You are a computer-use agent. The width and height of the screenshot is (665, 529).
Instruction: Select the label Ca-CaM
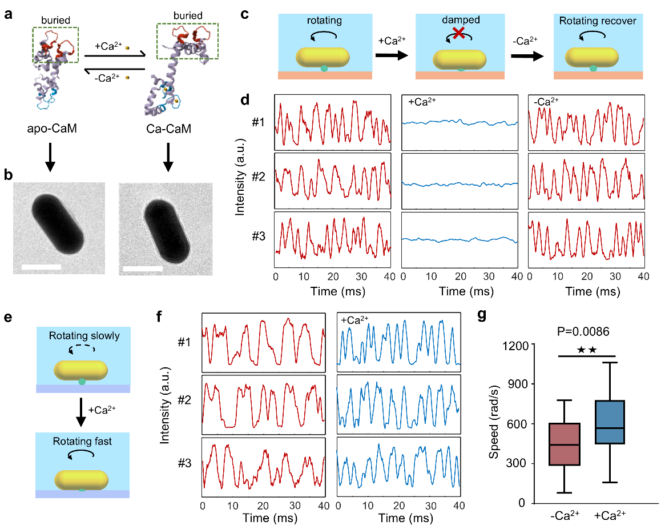pyautogui.click(x=168, y=130)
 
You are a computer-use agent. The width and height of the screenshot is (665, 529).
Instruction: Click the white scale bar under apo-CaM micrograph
pyautogui.click(x=42, y=267)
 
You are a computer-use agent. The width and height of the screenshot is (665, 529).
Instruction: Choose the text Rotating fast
pyautogui.click(x=83, y=441)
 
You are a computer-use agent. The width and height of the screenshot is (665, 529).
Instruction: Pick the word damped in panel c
pyautogui.click(x=460, y=19)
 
